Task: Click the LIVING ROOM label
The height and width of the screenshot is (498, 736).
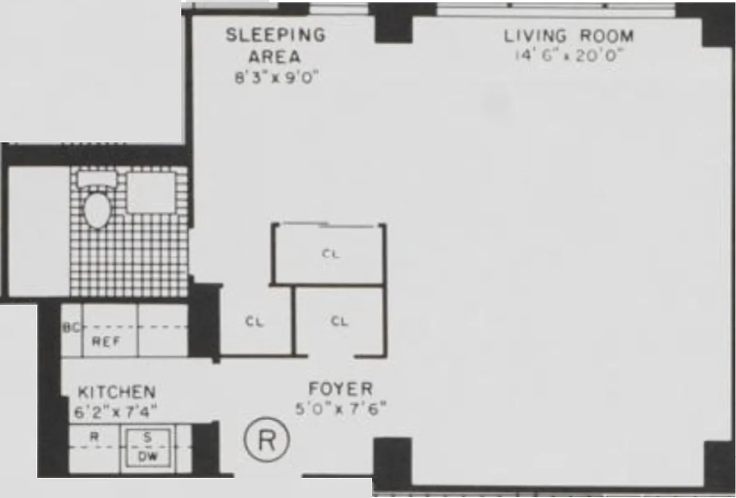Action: (x=568, y=36)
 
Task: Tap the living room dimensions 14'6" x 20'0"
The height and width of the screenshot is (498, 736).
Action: (x=568, y=55)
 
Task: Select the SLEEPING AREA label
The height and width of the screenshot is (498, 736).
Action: (x=275, y=45)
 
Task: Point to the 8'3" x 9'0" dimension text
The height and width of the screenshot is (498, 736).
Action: (x=275, y=78)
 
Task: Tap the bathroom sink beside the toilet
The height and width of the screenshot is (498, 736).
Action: (x=151, y=192)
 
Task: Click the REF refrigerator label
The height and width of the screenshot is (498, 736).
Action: (x=106, y=341)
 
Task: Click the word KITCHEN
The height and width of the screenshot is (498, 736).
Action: (x=117, y=392)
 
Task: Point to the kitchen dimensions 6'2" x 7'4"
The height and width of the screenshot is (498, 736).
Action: (x=117, y=411)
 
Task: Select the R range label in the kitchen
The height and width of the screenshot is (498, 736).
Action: (x=94, y=437)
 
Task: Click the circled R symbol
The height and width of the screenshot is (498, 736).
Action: (x=266, y=439)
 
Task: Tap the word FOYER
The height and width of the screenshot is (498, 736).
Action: (x=341, y=390)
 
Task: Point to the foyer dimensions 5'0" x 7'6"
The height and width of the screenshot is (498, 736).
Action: (x=341, y=408)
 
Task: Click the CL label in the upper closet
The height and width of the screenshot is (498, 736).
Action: (x=331, y=253)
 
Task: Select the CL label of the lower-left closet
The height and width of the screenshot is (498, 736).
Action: (x=254, y=322)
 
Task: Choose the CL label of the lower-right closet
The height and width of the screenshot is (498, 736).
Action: (x=339, y=322)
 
